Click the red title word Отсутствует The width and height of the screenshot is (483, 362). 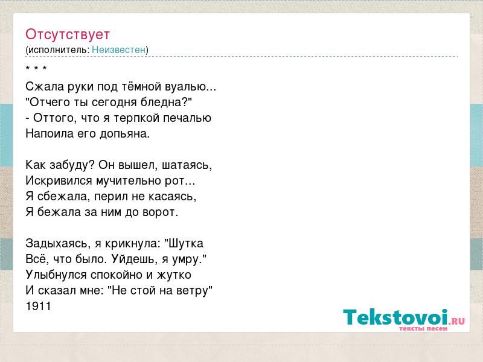[x=68, y=34]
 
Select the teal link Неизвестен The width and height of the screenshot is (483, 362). [x=118, y=49]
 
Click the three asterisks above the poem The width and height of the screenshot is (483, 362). [x=36, y=68]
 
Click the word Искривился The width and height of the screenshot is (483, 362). [x=59, y=180]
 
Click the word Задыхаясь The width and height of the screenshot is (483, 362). [x=57, y=244]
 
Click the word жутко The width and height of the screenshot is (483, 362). [x=174, y=275]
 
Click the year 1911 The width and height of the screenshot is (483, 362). [x=39, y=306]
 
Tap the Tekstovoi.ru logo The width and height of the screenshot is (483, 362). [x=404, y=320]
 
